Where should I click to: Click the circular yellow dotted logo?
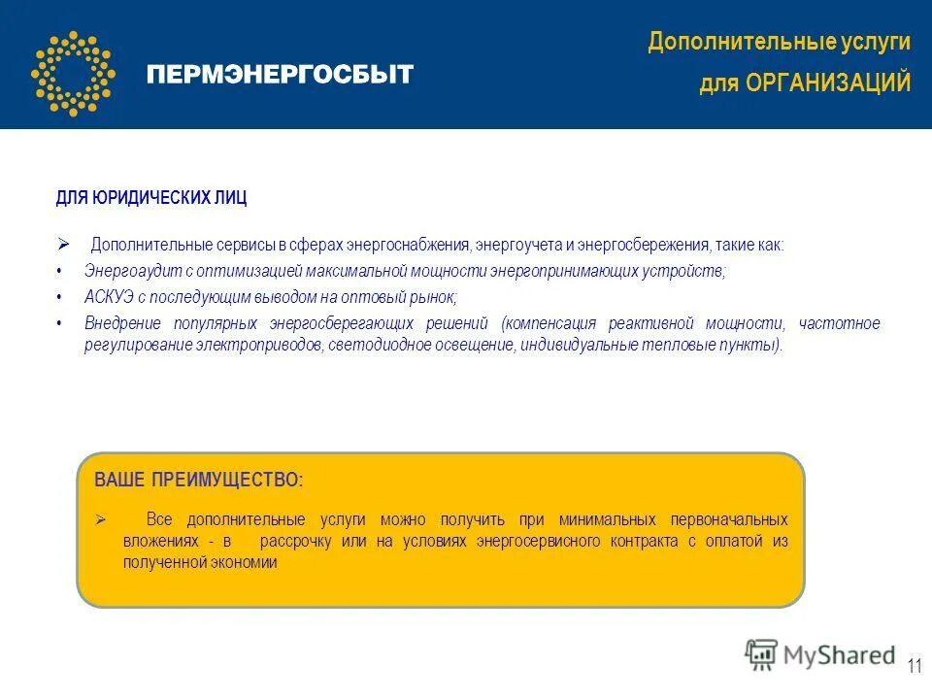point(72,73)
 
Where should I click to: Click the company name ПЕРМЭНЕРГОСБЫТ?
point(280,75)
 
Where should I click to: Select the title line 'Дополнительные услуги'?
point(780,42)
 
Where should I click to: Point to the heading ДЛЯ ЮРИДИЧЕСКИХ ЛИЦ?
point(150,198)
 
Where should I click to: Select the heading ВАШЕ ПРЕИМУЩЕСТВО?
point(198,480)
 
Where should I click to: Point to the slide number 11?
point(915,666)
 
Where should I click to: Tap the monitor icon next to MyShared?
point(762,656)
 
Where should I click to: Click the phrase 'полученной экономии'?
point(200,562)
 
